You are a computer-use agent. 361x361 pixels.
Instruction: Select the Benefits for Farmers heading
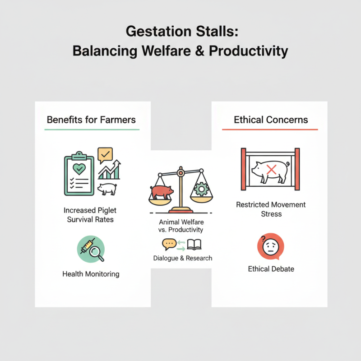point(91,120)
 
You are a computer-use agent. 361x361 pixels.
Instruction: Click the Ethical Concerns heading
point(271,120)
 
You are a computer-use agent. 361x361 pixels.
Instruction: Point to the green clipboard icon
point(79,175)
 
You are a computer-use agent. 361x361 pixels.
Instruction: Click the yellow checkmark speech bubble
point(105,155)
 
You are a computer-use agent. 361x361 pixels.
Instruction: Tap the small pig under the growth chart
point(107,188)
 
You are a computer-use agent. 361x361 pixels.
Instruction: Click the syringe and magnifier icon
point(91,249)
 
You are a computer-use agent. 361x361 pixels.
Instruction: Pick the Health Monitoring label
point(91,274)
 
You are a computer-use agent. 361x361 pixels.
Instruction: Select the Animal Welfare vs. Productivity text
point(181,226)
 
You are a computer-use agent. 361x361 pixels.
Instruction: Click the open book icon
point(194,245)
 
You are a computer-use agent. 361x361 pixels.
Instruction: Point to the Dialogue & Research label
point(182,259)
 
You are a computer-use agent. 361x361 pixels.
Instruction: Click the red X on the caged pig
point(271,170)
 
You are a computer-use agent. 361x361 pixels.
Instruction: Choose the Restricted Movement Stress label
point(271,209)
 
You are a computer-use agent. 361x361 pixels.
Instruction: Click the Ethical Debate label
point(271,269)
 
